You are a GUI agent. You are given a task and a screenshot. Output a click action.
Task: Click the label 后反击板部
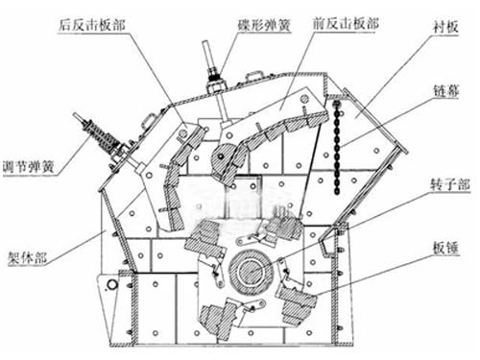[x=91, y=25]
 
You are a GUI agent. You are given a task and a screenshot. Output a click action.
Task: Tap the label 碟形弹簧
[x=264, y=25]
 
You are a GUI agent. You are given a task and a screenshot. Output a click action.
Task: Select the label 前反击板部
[x=346, y=24]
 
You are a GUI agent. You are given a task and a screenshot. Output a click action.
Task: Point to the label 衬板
[x=445, y=27]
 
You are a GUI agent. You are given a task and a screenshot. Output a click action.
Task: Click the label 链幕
[x=446, y=91]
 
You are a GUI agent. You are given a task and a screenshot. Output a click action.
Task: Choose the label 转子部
[x=450, y=184]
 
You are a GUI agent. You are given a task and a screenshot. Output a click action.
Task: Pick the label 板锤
[x=446, y=248]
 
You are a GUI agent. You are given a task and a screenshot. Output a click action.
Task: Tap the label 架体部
[x=28, y=257]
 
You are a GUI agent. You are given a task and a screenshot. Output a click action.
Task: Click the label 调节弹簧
[x=29, y=167]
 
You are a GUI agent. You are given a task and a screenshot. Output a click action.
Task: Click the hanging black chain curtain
[x=337, y=147]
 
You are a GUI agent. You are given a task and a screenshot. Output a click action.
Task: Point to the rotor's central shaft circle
[x=251, y=271]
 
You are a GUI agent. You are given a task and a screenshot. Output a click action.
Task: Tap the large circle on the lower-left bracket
[x=112, y=284]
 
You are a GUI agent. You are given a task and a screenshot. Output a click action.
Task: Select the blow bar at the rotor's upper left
[x=204, y=238]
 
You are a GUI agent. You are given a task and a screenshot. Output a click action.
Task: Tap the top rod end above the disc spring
[x=205, y=42]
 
